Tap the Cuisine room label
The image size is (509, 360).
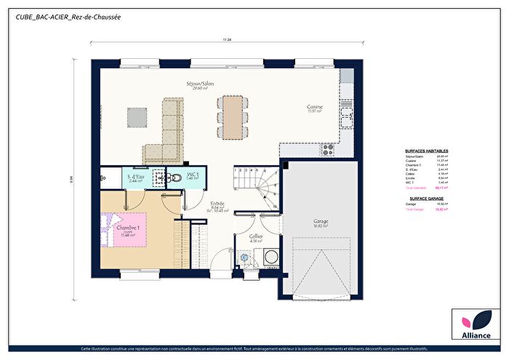point(314,107)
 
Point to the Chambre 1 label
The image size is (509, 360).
point(128,228)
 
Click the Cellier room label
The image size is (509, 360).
point(255,237)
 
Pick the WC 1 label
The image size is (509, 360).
point(193,176)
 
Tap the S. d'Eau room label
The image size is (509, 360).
point(136,177)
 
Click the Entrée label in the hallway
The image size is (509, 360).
point(217,204)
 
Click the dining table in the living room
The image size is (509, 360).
point(231,116)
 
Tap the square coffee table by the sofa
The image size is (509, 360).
point(137,116)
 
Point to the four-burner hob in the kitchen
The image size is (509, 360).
point(328,149)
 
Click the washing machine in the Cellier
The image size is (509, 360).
point(270,256)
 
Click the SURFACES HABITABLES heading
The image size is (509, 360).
point(426,151)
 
